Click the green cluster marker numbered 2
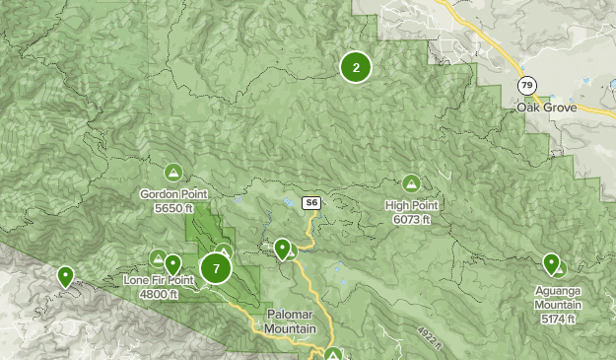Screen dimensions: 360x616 tap(356, 67)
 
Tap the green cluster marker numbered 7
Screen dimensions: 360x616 tap(216, 268)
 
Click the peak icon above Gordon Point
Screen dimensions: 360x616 tap(173, 173)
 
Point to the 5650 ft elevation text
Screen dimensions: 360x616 tap(172, 208)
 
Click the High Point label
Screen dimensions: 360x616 tap(411, 205)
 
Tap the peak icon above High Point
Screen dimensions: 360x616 tap(411, 182)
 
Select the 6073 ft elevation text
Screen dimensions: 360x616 tap(411, 218)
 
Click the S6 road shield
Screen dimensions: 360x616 tap(310, 203)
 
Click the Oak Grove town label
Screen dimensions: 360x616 tap(543, 106)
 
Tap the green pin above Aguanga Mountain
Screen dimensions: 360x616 tap(552, 263)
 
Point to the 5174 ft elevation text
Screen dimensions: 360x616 tap(559, 319)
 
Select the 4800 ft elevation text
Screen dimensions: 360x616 tap(159, 293)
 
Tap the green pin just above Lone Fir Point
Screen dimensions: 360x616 tap(173, 263)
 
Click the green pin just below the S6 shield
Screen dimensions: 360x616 tap(283, 248)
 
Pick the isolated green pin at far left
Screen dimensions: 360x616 tap(65, 276)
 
